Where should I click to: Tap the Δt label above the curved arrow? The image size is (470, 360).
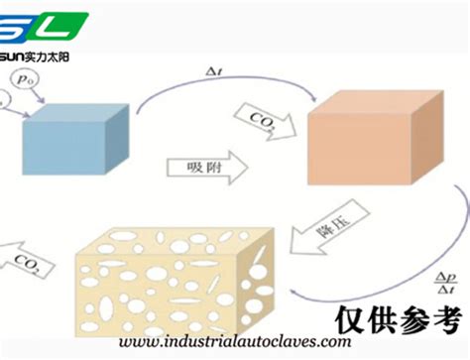pos(213,70)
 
